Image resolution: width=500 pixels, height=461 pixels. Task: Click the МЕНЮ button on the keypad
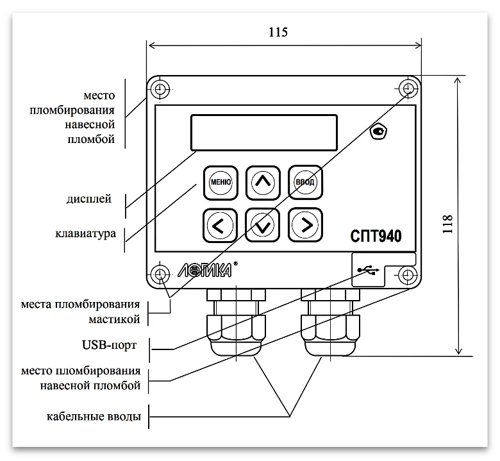(221, 183)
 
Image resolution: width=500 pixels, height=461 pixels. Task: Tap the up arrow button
(262, 183)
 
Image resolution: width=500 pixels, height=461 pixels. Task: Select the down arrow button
(262, 224)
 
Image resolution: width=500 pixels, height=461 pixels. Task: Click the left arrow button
(219, 224)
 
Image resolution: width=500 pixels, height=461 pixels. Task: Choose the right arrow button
(304, 224)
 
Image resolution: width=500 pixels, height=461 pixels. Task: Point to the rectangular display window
(263, 132)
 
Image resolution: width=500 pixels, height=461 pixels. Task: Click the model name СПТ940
(377, 236)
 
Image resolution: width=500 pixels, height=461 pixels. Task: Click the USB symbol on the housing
(367, 271)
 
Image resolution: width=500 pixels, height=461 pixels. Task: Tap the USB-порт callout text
(105, 344)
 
